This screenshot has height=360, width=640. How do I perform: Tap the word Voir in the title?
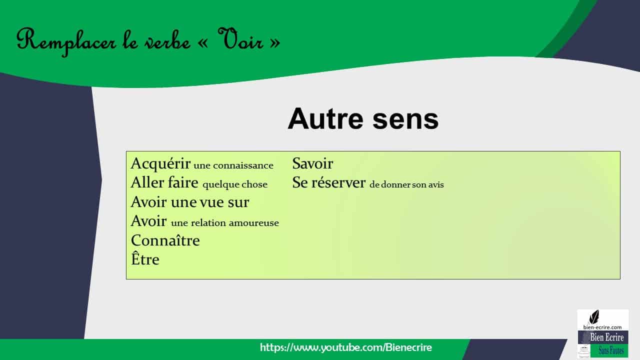point(240,39)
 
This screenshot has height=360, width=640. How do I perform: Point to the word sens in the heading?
point(405,120)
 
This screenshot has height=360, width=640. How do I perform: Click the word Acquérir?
point(160,163)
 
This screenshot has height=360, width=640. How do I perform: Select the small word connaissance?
point(243,165)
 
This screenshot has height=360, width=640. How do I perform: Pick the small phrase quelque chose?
point(235,184)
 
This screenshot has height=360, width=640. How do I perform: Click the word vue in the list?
point(211,202)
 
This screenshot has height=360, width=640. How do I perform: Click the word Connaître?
point(165,240)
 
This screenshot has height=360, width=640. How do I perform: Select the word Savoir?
point(312,163)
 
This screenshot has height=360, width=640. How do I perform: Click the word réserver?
point(338,182)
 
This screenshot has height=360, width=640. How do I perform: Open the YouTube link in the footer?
point(345,347)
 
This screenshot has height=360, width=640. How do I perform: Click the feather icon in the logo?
point(594,317)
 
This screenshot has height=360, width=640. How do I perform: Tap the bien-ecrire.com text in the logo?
point(602,327)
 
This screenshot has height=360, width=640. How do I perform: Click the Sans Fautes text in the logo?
point(611,350)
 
